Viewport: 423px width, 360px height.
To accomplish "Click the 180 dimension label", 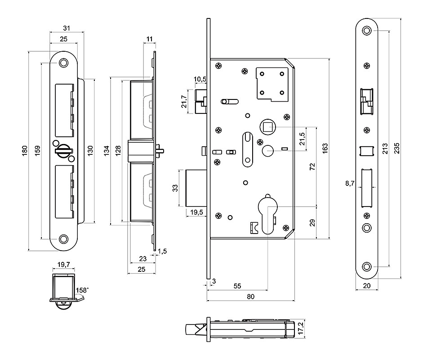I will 25,151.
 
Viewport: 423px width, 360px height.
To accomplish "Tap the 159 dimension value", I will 37,150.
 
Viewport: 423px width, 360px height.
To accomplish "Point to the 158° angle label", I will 83,290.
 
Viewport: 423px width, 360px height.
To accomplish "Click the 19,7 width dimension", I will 63,265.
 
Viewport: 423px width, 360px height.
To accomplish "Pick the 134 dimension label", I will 107,151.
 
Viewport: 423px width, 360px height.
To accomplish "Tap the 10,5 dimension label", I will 200,79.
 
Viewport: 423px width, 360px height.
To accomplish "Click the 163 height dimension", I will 325,148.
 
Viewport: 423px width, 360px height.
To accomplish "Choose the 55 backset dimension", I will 238,286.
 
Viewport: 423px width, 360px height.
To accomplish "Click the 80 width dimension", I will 250,297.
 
